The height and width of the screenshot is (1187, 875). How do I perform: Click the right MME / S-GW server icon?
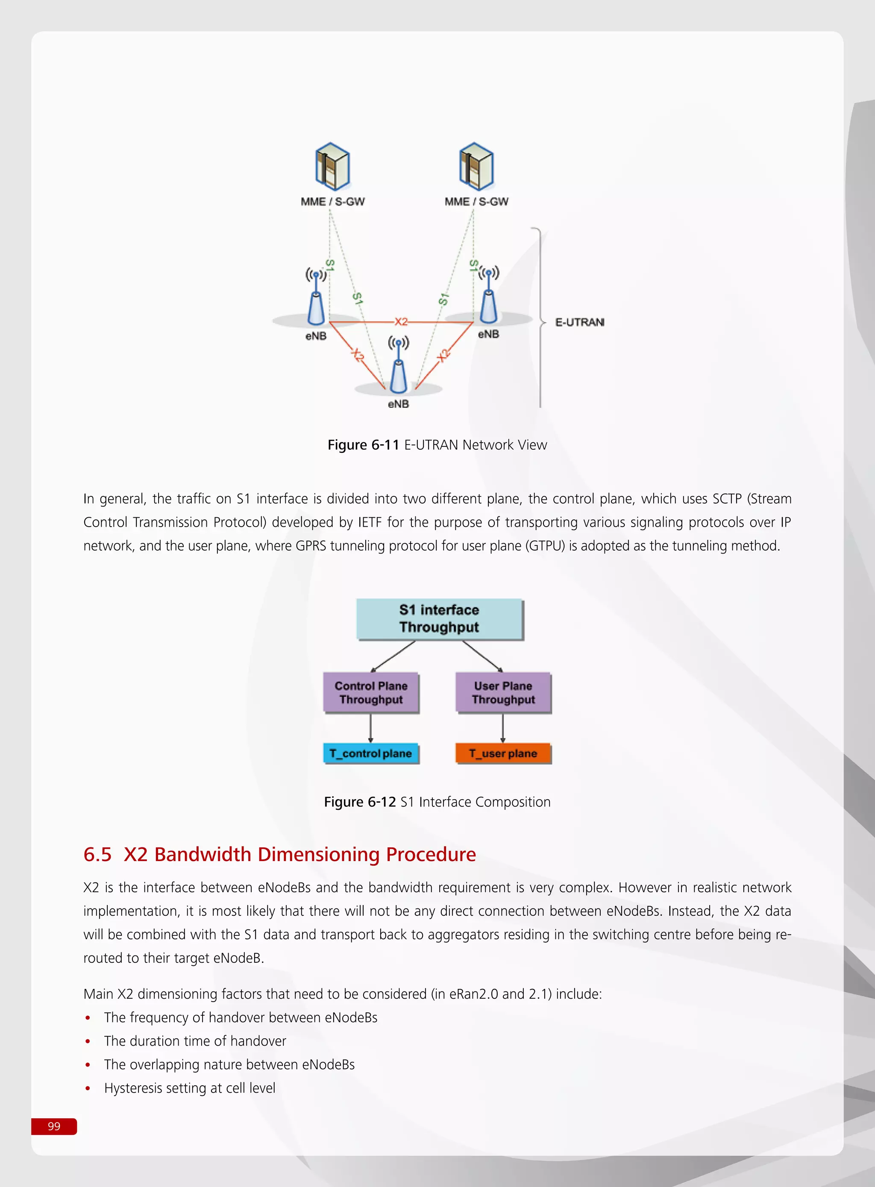click(x=476, y=166)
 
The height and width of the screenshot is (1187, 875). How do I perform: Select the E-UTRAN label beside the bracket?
click(x=579, y=322)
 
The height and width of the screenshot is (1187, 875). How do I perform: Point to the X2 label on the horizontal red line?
click(x=401, y=321)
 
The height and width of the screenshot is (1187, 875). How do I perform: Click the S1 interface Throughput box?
click(x=439, y=618)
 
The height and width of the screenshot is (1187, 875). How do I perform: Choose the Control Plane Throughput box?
click(x=371, y=692)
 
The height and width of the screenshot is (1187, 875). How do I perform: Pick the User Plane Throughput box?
click(x=503, y=692)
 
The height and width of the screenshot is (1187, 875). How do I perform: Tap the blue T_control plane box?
click(x=370, y=753)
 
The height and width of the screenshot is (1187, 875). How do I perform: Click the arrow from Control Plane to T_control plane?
click(x=371, y=728)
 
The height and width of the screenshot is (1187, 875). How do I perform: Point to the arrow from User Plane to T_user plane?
click(x=502, y=728)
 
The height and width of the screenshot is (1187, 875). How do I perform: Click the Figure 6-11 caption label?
click(x=363, y=445)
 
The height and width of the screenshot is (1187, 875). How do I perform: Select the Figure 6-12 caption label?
click(x=360, y=802)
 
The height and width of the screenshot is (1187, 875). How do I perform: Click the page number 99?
click(x=54, y=1126)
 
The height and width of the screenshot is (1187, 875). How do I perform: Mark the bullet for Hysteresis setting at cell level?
click(x=88, y=1088)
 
